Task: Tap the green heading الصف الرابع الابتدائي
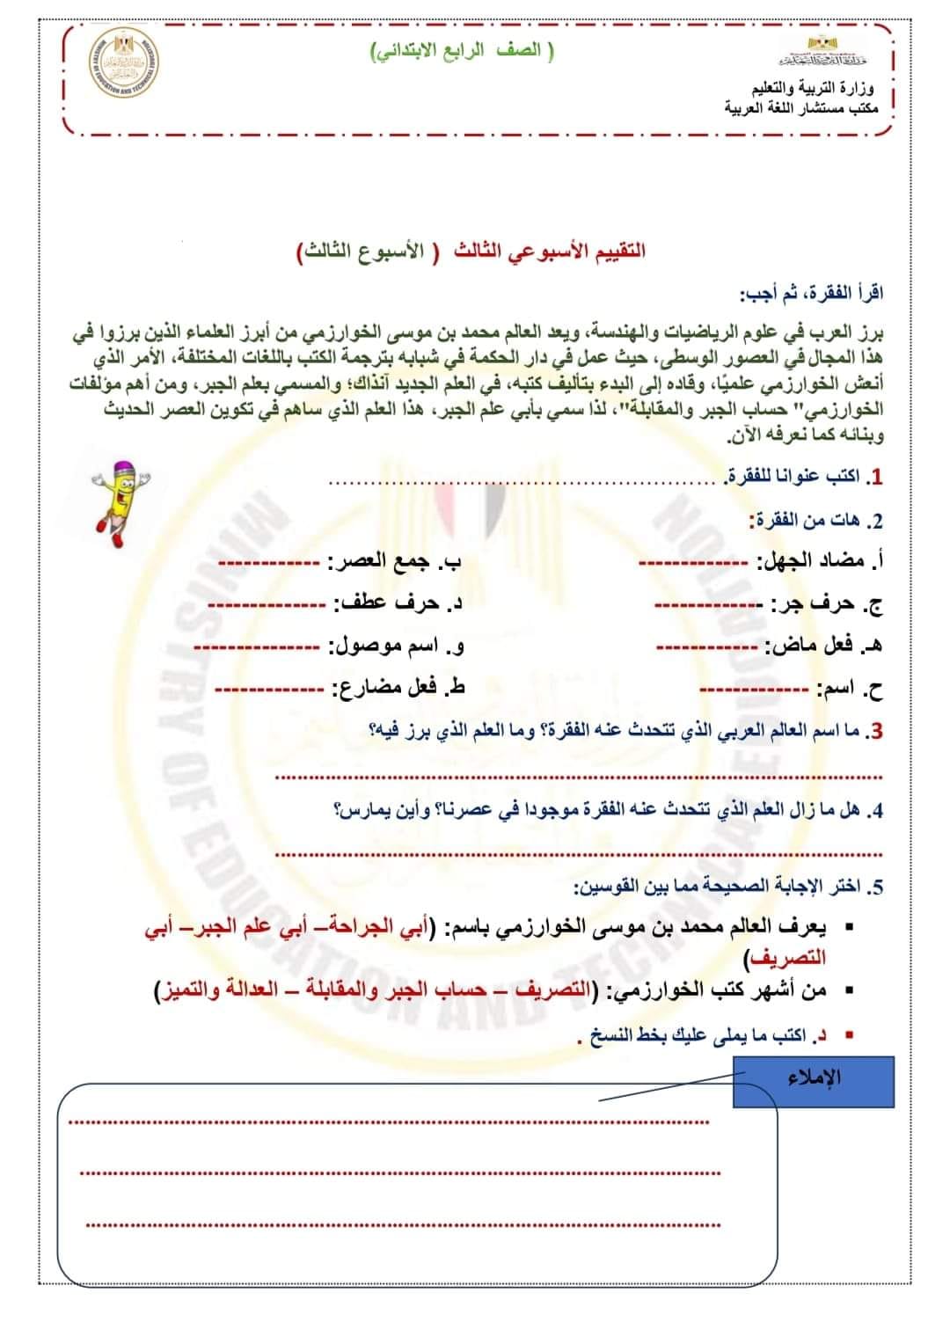pos(464,51)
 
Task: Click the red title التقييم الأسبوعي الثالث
pos(551,251)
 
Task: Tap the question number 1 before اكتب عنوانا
pos(874,477)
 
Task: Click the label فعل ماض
pos(817,646)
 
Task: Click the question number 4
pos(875,810)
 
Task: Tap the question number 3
pos(875,731)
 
